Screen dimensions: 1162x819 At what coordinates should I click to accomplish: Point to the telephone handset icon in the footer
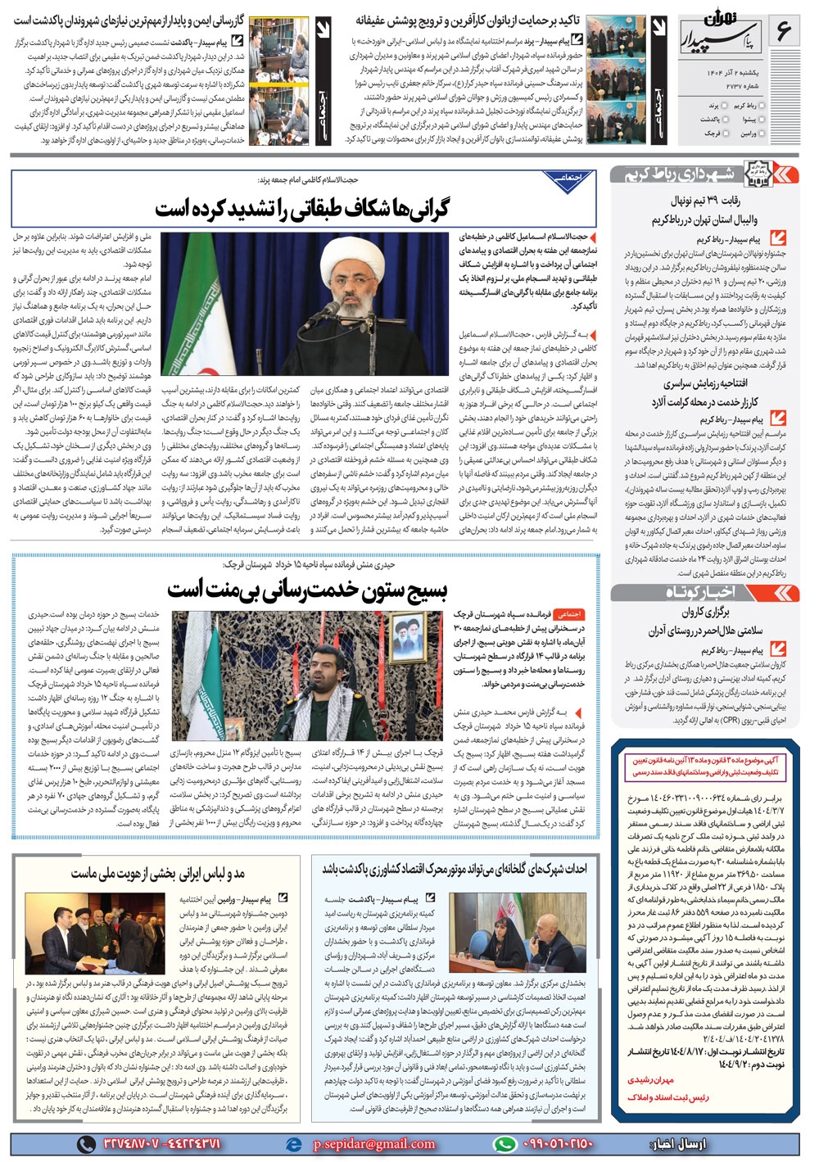pos(85,1143)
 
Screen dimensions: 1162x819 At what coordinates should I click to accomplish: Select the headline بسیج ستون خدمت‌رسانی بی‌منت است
pos(307,587)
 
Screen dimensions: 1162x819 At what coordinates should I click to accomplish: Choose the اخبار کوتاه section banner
pos(700,591)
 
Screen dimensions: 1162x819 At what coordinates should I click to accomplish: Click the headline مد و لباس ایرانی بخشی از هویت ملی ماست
pos(158,873)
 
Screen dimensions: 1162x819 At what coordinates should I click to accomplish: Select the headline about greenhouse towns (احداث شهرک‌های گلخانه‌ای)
pos(454,869)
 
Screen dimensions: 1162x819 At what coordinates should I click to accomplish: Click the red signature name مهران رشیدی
pos(650,1080)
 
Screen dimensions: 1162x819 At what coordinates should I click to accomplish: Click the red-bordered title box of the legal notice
pos(704,766)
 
